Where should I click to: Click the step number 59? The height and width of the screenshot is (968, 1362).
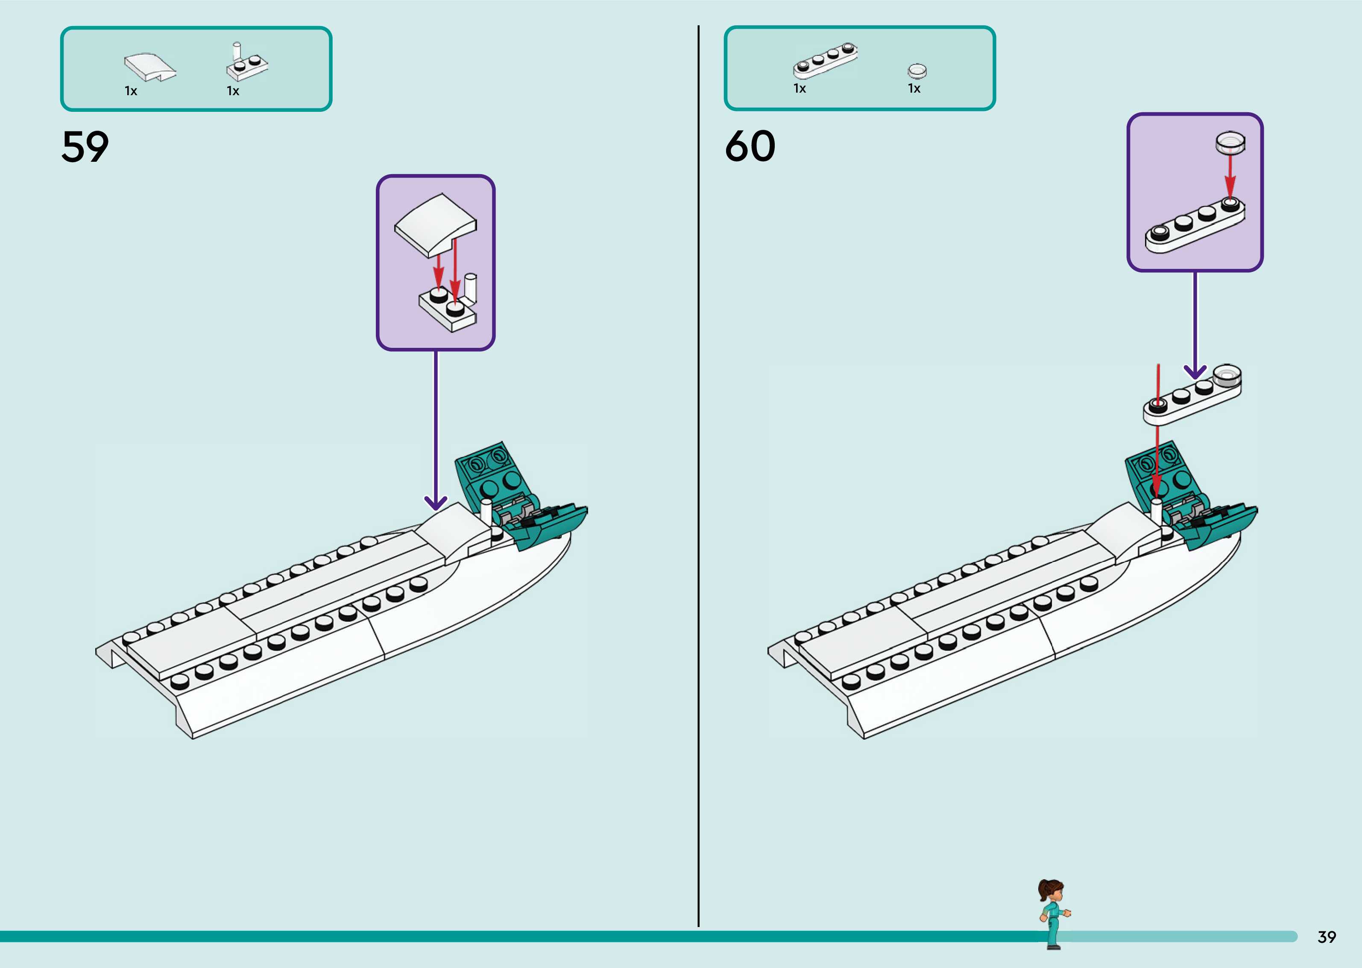point(85,147)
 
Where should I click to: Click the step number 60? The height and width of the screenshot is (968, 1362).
point(750,147)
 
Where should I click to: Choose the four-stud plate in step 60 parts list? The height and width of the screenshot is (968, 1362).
point(825,61)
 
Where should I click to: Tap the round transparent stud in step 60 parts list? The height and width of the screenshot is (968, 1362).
point(917,70)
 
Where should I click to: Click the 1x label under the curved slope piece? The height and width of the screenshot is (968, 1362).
point(131,91)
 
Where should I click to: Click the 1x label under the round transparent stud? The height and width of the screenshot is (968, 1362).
point(914,89)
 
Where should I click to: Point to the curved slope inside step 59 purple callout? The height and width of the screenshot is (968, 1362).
point(435,224)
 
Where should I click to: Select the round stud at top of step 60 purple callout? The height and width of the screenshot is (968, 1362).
point(1230,142)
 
